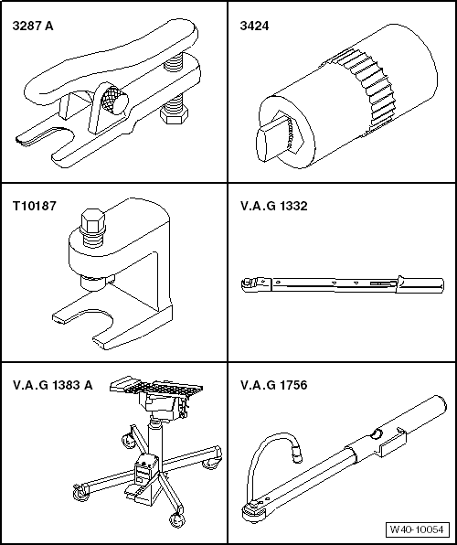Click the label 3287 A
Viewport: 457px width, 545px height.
click(x=33, y=27)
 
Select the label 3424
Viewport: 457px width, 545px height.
click(x=251, y=27)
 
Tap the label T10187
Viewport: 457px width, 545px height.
click(x=35, y=207)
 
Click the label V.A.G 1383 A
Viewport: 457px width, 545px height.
click(x=56, y=385)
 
